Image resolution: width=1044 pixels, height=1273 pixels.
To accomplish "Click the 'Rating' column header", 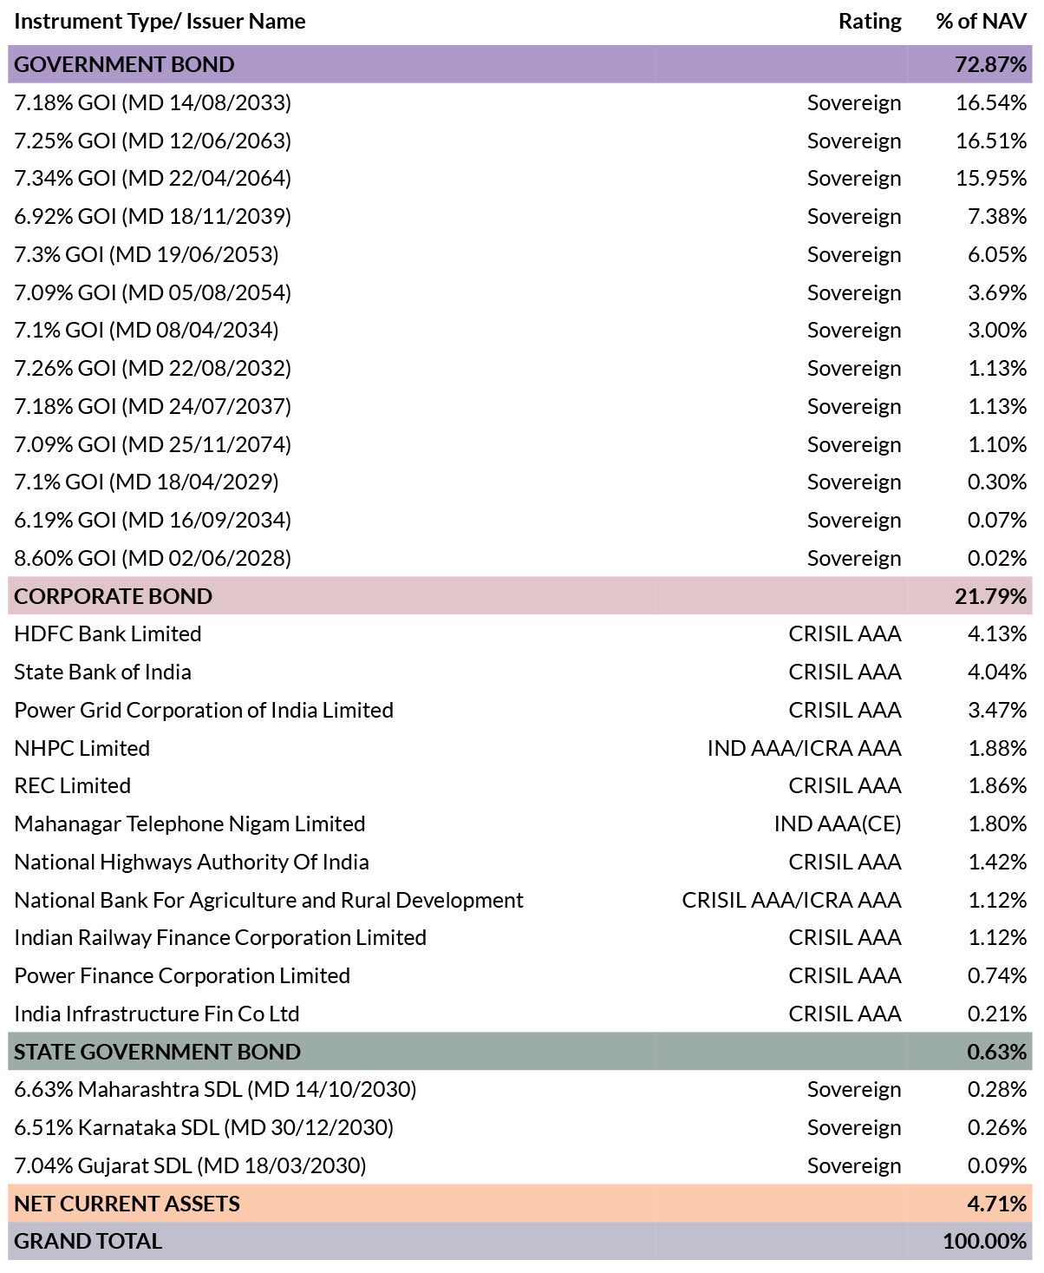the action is (x=870, y=21).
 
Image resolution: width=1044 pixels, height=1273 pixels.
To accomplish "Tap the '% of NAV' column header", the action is (x=981, y=21).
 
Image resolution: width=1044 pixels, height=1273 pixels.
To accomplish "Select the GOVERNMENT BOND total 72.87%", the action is (x=990, y=64).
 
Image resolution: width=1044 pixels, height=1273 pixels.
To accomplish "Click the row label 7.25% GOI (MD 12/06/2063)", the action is (x=153, y=141).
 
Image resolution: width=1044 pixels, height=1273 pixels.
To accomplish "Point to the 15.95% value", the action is (x=991, y=178).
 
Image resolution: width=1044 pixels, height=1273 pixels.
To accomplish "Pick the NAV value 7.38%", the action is (x=997, y=216).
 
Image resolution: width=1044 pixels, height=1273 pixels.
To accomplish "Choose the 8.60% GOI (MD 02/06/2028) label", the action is (x=153, y=558).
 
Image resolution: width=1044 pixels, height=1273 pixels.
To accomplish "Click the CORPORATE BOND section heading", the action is (x=114, y=596).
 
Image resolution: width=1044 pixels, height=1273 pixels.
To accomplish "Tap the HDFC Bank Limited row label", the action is (x=108, y=633).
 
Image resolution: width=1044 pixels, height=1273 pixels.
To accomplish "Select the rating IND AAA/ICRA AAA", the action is (x=805, y=749).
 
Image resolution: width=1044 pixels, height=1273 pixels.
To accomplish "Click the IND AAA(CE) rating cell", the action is (x=838, y=824).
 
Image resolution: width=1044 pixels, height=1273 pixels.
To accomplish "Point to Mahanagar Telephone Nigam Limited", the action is (x=190, y=824).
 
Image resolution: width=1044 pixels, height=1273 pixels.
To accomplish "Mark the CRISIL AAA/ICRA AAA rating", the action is (x=792, y=900).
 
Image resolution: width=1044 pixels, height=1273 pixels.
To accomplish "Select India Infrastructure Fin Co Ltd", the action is (x=157, y=1014).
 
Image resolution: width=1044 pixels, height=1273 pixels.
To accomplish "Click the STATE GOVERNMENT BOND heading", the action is (x=158, y=1052).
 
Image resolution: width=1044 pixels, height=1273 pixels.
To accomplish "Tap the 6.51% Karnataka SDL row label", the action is (x=204, y=1127).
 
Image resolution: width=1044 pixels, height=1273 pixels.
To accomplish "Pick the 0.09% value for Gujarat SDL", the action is (x=997, y=1165).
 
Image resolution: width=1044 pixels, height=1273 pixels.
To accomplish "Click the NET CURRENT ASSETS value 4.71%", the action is (x=997, y=1204).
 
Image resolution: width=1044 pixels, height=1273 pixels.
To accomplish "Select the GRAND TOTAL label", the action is (x=88, y=1242).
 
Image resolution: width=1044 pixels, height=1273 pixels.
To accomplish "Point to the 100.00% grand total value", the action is (x=984, y=1242).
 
